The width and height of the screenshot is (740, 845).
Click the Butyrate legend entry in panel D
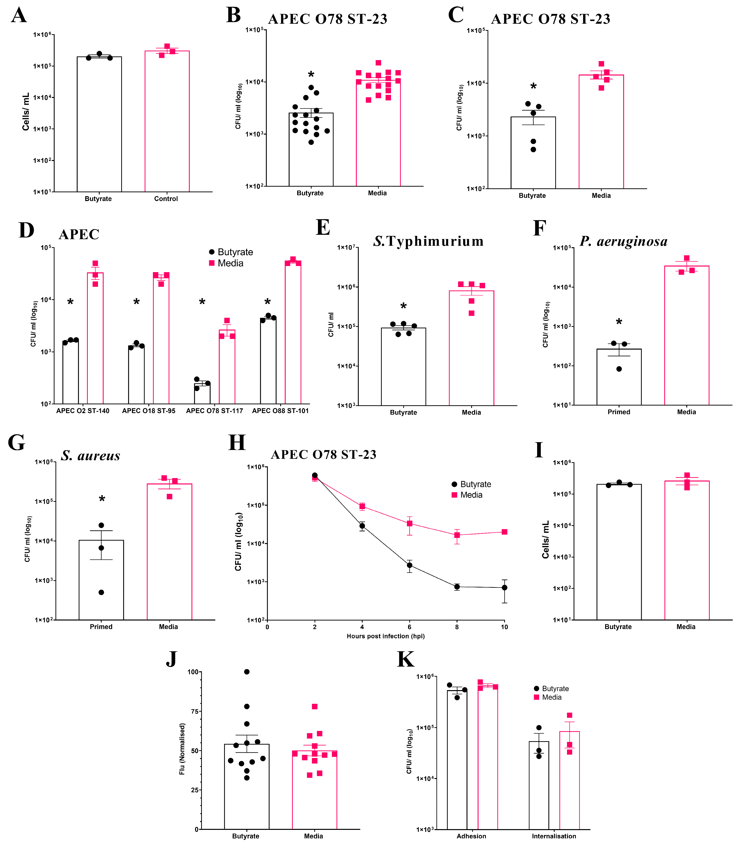tap(230, 252)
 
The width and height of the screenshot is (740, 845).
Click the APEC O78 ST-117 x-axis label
tap(214, 411)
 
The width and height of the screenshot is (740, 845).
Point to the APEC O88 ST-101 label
tap(280, 411)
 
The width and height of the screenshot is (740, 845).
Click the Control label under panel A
tap(166, 199)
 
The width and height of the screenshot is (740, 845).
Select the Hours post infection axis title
tap(386, 636)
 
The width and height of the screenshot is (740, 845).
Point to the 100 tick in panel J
tap(193, 672)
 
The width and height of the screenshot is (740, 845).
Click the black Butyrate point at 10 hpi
tap(504, 588)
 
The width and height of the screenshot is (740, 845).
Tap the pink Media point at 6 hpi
tap(410, 524)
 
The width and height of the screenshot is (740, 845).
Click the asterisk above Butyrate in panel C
tap(533, 87)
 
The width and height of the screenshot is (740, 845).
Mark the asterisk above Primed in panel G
tap(102, 499)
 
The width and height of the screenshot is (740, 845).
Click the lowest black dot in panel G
tap(101, 592)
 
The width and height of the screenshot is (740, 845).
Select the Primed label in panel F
tap(619, 412)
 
